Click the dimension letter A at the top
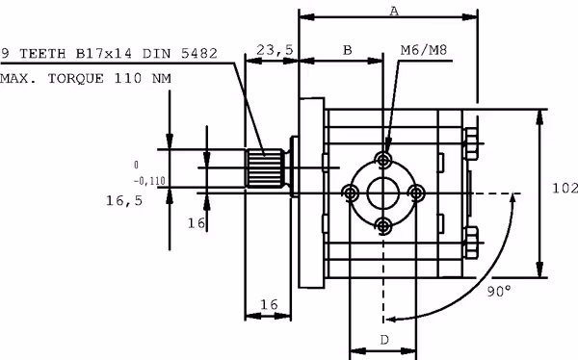tap(394, 12)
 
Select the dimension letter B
tap(347, 50)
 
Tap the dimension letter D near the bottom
tap(384, 340)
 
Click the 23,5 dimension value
tap(275, 50)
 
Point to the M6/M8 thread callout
tap(424, 50)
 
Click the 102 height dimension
tap(565, 189)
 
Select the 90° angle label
tap(499, 291)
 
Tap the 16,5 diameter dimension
tap(124, 201)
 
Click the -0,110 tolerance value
tap(149, 181)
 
